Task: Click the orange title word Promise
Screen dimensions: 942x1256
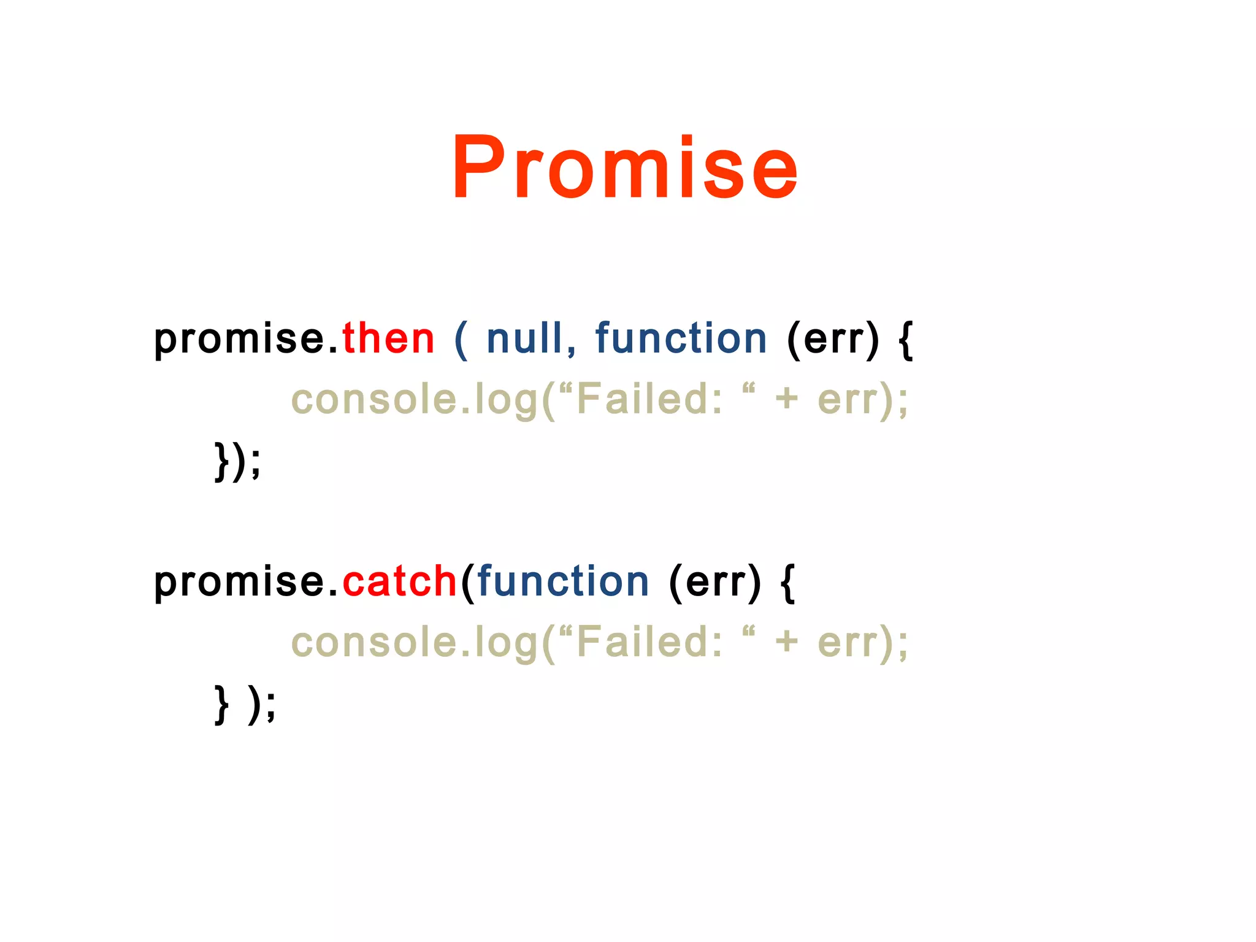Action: (x=624, y=167)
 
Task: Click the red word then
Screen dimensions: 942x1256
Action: (x=388, y=339)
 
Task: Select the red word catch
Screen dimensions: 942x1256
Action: (x=399, y=581)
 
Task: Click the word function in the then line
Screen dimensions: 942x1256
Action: (x=681, y=339)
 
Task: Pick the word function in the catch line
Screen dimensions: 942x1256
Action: (x=562, y=581)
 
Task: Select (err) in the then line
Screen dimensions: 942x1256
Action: (x=832, y=339)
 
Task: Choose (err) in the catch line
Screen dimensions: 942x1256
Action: (x=714, y=582)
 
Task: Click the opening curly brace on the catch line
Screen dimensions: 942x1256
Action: (x=788, y=582)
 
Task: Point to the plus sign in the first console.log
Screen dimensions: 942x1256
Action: (x=787, y=399)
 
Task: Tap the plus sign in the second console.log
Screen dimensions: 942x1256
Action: (x=787, y=642)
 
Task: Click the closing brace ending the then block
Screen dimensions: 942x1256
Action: (x=222, y=461)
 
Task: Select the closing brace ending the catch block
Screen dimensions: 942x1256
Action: (x=222, y=703)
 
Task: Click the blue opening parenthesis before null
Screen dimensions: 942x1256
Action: (x=461, y=339)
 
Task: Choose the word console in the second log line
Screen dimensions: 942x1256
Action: (x=373, y=643)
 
